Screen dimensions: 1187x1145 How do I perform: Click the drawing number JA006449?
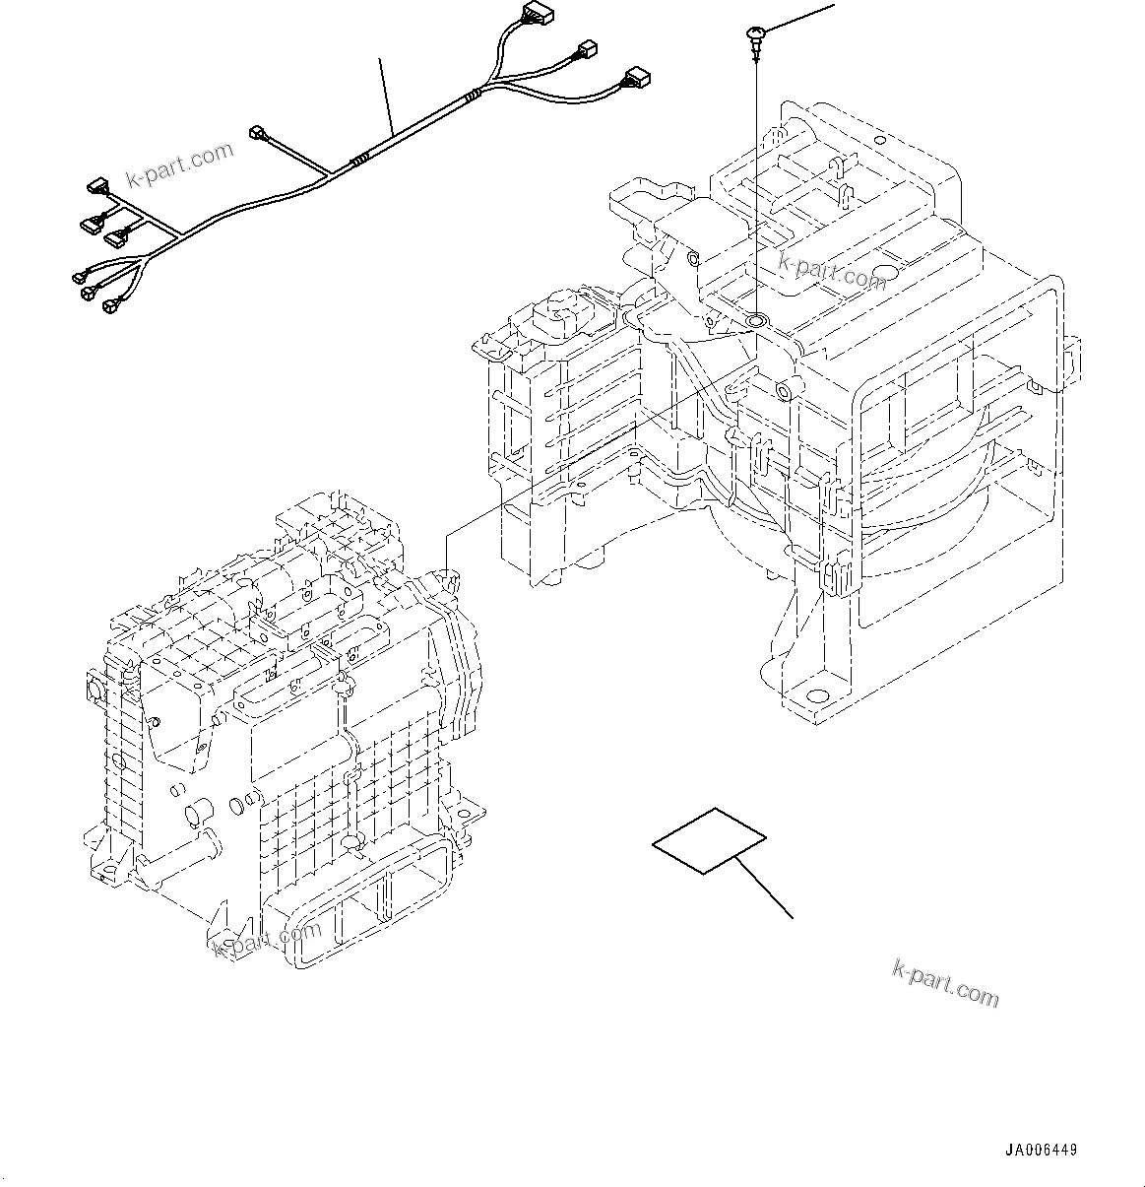(1041, 1150)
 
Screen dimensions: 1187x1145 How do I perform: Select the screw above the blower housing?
(754, 37)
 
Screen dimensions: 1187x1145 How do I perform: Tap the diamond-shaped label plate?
(709, 840)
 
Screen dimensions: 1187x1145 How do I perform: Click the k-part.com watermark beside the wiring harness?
(181, 165)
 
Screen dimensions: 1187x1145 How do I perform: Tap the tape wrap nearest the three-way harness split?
(474, 96)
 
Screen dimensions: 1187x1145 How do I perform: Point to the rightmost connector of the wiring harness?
(635, 77)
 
